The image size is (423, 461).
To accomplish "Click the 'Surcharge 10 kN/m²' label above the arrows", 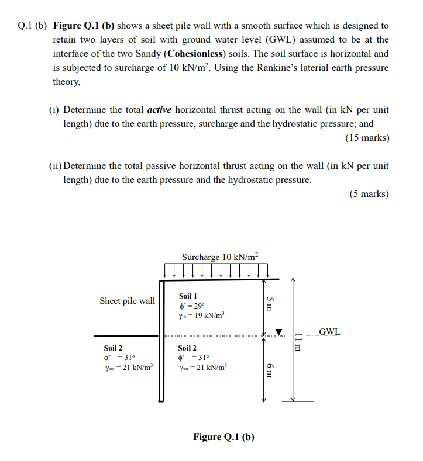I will pyautogui.click(x=219, y=257).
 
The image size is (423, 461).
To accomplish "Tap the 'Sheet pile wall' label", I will pyautogui.click(x=127, y=301).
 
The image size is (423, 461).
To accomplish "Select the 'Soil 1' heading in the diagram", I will pyautogui.click(x=188, y=296).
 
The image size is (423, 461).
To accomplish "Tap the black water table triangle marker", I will pyautogui.click(x=278, y=332).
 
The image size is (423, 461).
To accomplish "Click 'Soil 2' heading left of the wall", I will pyautogui.click(x=114, y=348).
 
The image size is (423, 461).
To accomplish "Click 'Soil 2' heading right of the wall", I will pyautogui.click(x=187, y=348).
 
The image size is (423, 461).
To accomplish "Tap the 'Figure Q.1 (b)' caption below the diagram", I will pyautogui.click(x=224, y=437).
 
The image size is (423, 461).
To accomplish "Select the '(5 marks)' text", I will pyautogui.click(x=369, y=194).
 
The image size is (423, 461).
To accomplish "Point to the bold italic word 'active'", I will pyautogui.click(x=159, y=110).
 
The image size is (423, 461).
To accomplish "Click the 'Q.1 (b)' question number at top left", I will pyautogui.click(x=33, y=26).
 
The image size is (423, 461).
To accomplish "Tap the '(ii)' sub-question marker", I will pyautogui.click(x=55, y=166).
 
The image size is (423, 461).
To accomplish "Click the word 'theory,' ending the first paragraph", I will pyautogui.click(x=66, y=82).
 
